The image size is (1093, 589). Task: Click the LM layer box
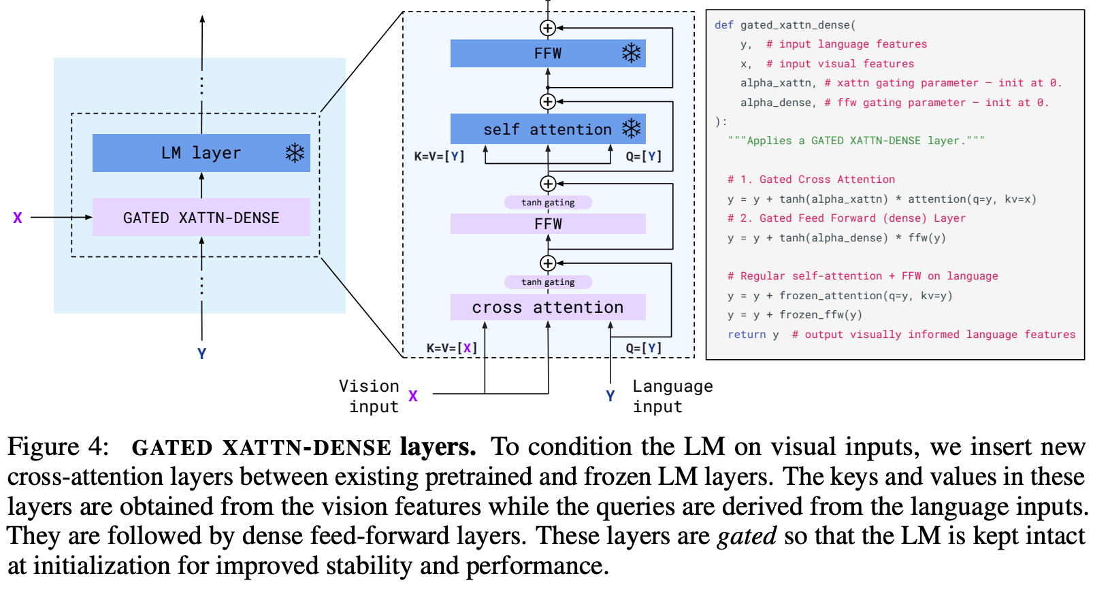click(201, 153)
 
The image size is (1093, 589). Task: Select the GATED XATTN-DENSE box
click(201, 217)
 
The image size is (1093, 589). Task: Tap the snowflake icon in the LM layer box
click(295, 153)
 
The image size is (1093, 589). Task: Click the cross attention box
click(548, 307)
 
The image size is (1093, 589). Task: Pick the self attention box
click(548, 129)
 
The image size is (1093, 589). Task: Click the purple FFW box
click(548, 224)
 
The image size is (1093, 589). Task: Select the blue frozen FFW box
click(548, 53)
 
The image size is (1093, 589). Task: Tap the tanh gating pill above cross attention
click(548, 282)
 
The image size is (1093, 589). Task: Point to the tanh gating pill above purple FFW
click(548, 203)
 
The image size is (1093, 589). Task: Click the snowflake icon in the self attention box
click(632, 129)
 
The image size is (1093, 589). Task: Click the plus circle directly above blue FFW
click(548, 28)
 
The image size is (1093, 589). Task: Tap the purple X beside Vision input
click(413, 396)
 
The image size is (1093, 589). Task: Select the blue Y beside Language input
click(610, 396)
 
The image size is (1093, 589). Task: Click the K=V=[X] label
click(452, 348)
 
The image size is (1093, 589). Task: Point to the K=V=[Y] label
click(439, 156)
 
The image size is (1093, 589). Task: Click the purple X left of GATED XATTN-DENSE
click(18, 218)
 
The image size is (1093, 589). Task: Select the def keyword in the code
click(723, 25)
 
